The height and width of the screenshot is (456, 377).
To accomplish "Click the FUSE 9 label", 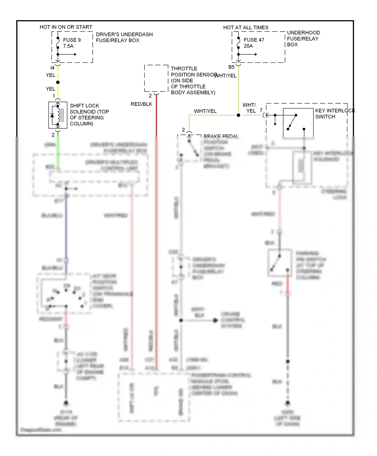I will point(72,40).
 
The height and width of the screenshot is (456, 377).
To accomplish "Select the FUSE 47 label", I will point(254,40).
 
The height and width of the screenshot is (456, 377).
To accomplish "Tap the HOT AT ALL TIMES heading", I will point(246,27).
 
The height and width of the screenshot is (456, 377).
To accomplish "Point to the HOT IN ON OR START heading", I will point(66,27).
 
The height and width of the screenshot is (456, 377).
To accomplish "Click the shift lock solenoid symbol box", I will point(58,115).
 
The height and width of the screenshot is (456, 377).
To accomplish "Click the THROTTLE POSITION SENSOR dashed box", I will point(156,78).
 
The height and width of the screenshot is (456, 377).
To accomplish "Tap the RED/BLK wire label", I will point(141,104).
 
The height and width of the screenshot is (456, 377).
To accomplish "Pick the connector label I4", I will point(52,68).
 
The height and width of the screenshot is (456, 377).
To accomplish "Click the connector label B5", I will point(231,67).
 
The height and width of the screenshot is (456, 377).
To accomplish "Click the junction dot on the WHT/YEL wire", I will point(238,115).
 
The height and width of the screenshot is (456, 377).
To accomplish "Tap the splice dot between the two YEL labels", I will point(58,82).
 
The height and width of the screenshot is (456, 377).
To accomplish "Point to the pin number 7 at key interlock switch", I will point(261,110).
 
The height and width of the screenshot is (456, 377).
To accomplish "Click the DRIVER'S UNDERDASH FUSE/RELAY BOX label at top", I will point(124,37).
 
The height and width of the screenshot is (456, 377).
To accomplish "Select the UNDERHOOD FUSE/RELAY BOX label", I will point(303,38).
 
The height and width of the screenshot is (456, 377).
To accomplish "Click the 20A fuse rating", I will point(248,46).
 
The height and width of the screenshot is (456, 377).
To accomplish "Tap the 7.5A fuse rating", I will point(68,46).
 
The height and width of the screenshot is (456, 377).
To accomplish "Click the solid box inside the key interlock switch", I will point(298,123).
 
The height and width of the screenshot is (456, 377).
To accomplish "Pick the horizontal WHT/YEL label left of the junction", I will point(205,111).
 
